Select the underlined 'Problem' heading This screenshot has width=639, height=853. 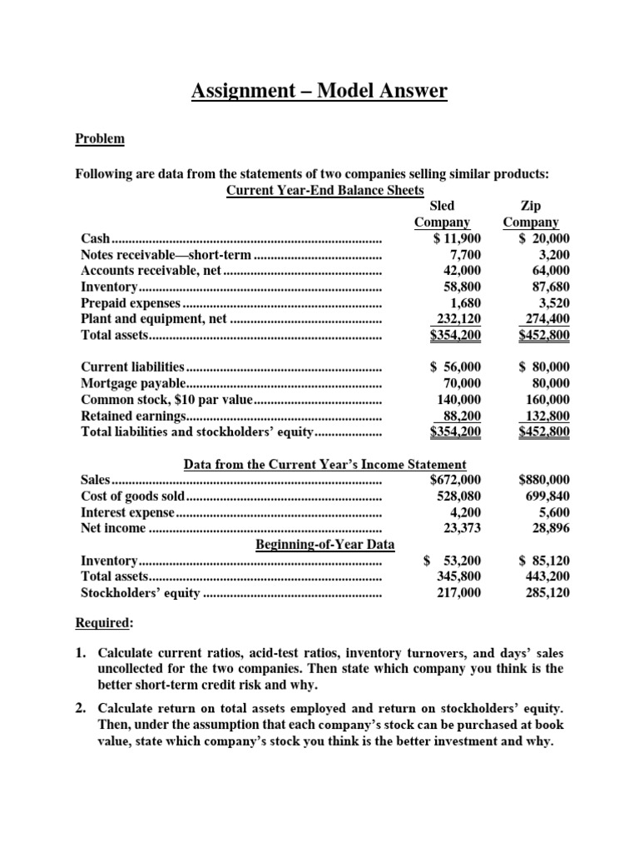[100, 139]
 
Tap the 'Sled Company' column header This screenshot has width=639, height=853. [442, 213]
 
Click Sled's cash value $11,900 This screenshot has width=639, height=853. [458, 239]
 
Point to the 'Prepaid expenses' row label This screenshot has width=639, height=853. [130, 302]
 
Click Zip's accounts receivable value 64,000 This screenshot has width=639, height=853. [550, 271]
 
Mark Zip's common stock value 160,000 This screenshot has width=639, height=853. [547, 399]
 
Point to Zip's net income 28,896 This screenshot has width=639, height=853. [550, 527]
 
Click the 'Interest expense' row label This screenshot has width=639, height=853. [127, 511]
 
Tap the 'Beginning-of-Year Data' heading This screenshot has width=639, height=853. [324, 544]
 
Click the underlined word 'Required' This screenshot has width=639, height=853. [104, 623]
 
